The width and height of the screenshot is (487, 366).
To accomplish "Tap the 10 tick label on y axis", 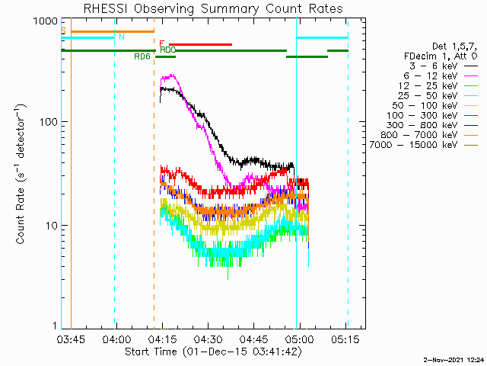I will (50, 226).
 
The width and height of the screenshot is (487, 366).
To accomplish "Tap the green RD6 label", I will (142, 56).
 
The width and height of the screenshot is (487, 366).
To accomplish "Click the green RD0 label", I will (167, 50).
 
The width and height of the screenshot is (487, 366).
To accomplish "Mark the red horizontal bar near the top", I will (200, 44).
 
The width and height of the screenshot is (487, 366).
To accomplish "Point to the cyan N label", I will (122, 37).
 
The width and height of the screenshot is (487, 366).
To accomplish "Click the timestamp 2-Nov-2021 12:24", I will (454, 358).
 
